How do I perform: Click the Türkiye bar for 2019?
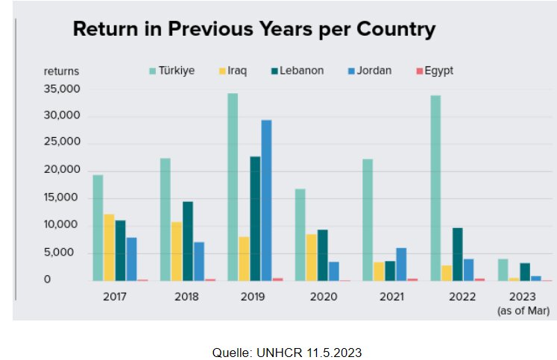pos(233,186)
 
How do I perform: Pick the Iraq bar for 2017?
pos(110,247)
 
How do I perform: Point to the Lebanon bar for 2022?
pos(458,253)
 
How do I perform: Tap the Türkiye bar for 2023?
pos(503,270)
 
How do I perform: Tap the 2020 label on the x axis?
pos(323,297)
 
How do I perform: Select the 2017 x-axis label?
pos(115,297)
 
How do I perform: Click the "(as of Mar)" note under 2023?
pos(523,310)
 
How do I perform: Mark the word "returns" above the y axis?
pos(61,72)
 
